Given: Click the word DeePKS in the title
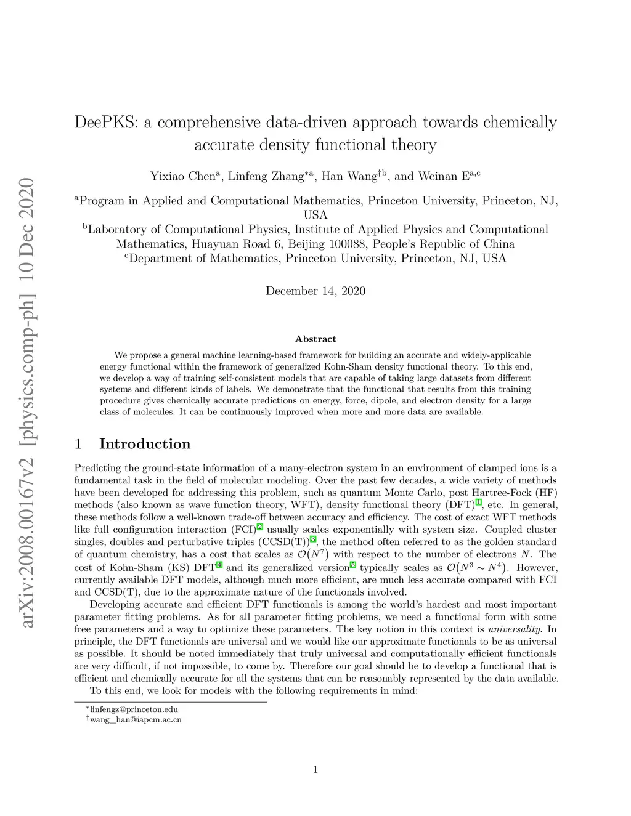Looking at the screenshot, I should point(106,122).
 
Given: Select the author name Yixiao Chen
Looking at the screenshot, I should point(182,176).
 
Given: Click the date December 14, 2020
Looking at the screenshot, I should point(315,291).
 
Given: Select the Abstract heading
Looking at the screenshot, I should point(315,339).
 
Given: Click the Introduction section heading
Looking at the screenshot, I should point(145,444).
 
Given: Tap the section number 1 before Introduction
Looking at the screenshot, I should point(78,444).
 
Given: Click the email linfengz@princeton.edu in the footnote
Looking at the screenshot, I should point(134,709).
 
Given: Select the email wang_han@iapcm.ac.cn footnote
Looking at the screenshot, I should point(136,719).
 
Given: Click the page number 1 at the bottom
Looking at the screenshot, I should point(315,769).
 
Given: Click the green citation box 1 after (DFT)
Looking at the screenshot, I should point(478,503).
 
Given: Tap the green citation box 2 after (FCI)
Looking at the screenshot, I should point(260,527).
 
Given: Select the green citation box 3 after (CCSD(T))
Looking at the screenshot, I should point(313,539).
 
